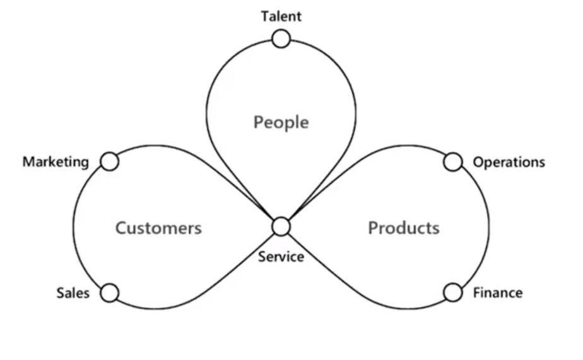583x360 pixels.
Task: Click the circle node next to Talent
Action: (x=281, y=39)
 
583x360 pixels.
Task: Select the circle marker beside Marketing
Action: (x=110, y=162)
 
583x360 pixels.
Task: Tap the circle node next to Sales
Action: (x=110, y=293)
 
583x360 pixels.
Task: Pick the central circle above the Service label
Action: (x=281, y=226)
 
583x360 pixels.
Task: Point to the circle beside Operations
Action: (x=452, y=162)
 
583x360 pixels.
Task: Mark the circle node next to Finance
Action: (x=452, y=293)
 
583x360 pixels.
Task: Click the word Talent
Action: (x=281, y=16)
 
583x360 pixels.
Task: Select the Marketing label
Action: (x=56, y=162)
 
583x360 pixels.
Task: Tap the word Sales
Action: (x=73, y=293)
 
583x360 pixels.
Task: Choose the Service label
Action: (x=281, y=257)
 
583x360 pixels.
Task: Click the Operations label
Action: (x=509, y=163)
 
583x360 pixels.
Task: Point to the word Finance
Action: (x=498, y=293)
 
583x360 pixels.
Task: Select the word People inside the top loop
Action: (x=281, y=122)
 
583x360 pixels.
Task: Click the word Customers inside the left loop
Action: (x=158, y=228)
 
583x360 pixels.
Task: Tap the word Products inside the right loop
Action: (x=403, y=228)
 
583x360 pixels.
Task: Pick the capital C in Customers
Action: (x=121, y=228)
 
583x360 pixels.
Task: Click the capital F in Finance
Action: (x=477, y=293)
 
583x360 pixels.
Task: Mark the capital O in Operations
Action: (x=478, y=162)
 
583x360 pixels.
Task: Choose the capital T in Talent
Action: (x=265, y=16)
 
